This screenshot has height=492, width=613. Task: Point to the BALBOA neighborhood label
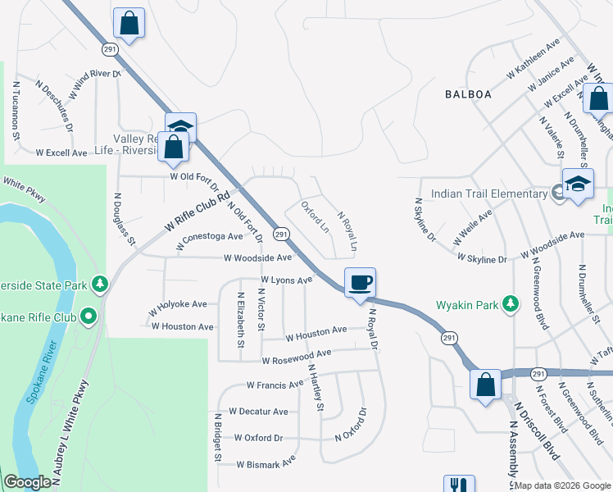[468, 94]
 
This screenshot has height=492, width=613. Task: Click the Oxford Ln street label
[315, 216]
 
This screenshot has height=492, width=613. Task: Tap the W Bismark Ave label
[266, 463]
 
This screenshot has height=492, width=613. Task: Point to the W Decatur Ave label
[258, 411]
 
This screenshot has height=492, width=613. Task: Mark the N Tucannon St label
[16, 109]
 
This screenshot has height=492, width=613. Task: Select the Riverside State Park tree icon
[100, 284]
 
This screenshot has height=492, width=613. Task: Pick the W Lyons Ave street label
[286, 280]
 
